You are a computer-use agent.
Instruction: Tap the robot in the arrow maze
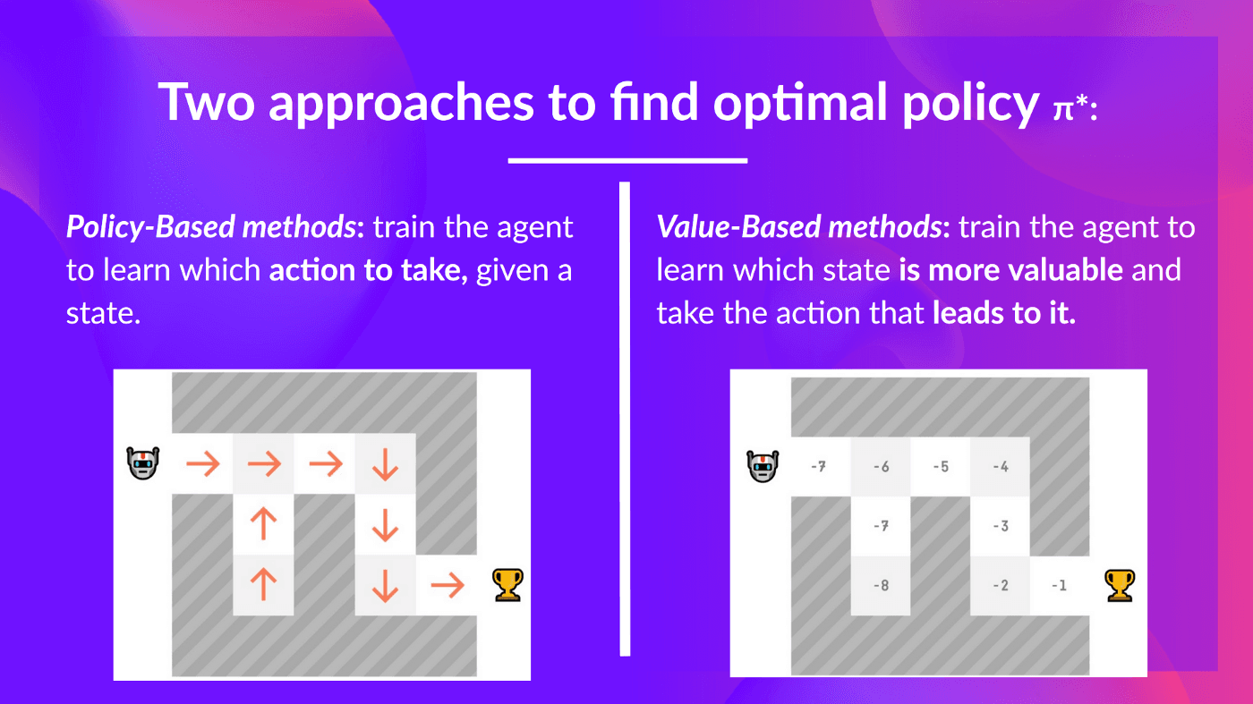(143, 463)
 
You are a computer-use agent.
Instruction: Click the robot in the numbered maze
(761, 465)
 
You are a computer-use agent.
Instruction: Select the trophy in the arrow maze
(507, 585)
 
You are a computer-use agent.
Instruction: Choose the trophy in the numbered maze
(1120, 585)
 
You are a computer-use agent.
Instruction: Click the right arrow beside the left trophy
(447, 586)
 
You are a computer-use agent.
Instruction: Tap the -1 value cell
(1059, 586)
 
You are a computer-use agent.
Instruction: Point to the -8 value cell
(881, 586)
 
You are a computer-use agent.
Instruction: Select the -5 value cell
(940, 466)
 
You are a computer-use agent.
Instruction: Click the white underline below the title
(626, 161)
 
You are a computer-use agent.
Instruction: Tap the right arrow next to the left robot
(202, 464)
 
